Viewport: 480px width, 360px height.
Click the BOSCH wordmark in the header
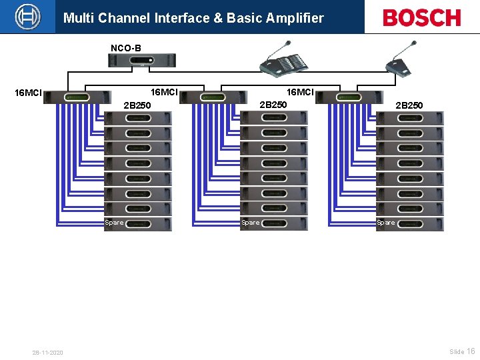click(421, 17)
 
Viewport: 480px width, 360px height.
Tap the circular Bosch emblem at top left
click(28, 17)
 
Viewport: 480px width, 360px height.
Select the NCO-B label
click(125, 48)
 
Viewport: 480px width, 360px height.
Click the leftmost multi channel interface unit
click(77, 97)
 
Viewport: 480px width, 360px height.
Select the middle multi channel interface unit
click(213, 97)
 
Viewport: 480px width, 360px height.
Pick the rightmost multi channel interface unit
click(348, 97)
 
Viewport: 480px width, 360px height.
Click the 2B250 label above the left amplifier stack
click(137, 105)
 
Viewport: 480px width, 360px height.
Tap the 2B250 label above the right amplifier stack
click(409, 105)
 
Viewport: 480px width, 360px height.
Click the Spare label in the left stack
click(114, 223)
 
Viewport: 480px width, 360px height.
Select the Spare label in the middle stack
click(250, 223)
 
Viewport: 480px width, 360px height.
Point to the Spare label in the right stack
click(385, 223)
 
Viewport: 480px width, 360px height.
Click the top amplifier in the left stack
click(138, 118)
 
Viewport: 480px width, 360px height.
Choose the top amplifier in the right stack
click(409, 118)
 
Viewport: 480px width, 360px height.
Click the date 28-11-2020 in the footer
click(47, 352)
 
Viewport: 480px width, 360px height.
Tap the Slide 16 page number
click(462, 351)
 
